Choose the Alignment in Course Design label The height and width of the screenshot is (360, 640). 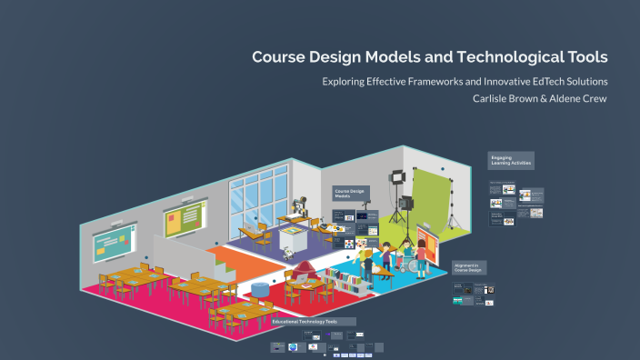point(469,267)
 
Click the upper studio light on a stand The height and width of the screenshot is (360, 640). point(396,178)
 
